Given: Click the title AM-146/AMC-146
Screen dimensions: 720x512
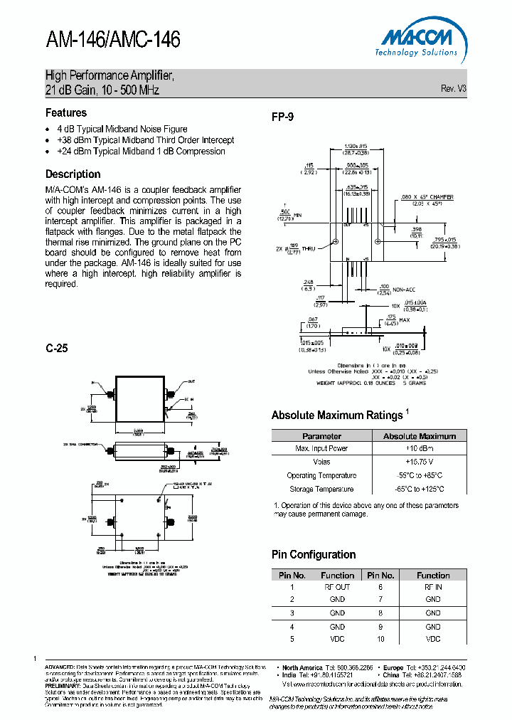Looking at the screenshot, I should coord(112,40).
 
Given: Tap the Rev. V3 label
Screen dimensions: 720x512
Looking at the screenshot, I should coord(453,89).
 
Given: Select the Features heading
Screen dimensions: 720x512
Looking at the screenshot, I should coord(66,112).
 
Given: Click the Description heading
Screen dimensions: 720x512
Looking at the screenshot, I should coord(73,174).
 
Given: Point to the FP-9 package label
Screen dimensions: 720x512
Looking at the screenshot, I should coord(282,117).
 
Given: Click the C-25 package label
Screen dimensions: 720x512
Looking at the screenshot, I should coord(57,349).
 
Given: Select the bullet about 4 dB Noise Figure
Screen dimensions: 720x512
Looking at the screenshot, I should coord(127,129).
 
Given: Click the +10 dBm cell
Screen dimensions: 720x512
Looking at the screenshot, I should coord(419,449).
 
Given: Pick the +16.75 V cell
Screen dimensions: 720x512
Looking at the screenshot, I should coord(419,462).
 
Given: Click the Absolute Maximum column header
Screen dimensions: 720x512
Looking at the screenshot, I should coord(419,436).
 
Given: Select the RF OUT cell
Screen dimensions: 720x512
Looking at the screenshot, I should coord(337,587).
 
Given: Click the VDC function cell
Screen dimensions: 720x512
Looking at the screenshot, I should coord(337,638).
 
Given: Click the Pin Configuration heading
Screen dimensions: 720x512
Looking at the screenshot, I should coord(314,554).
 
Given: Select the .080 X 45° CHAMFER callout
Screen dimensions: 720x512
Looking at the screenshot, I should coord(427,197).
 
